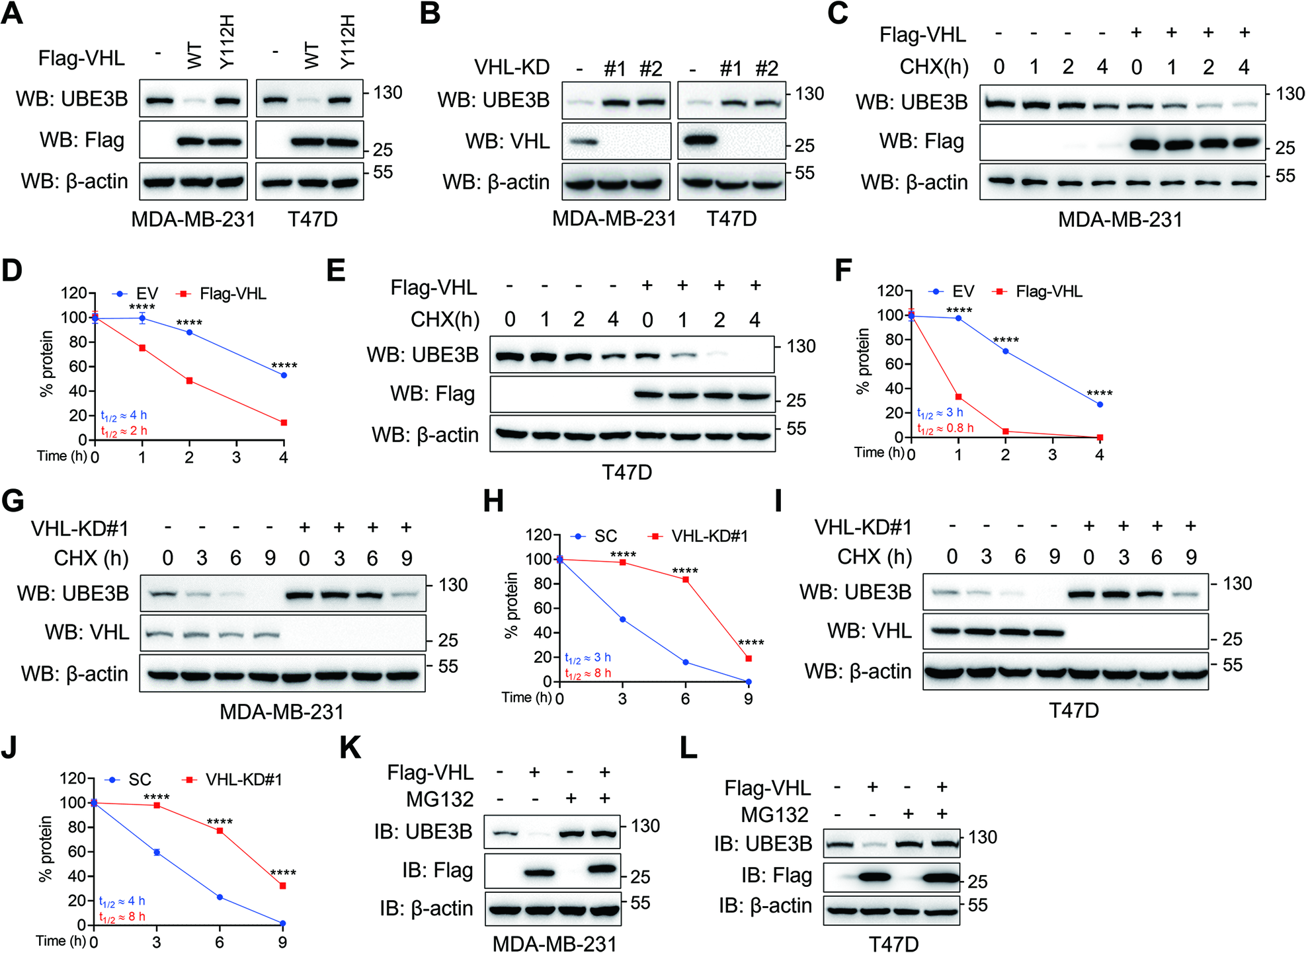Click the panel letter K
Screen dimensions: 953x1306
click(350, 748)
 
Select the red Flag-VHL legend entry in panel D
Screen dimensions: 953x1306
click(222, 293)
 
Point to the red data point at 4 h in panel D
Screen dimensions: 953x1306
click(284, 422)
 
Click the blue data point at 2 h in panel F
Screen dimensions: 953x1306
click(1005, 351)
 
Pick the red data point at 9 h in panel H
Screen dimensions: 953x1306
click(749, 658)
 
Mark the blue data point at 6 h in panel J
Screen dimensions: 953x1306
click(220, 897)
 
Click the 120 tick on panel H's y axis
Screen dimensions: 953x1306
click(538, 535)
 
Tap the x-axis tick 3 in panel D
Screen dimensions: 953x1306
click(236, 457)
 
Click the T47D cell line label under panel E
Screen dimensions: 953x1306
click(626, 473)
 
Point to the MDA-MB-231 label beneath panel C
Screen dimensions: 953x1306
click(1120, 219)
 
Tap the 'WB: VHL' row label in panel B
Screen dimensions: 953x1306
click(507, 141)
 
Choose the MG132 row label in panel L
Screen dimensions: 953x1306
click(774, 815)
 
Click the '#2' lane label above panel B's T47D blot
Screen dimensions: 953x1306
click(766, 68)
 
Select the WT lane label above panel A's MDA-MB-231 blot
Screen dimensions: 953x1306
click(194, 56)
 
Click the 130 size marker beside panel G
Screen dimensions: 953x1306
click(453, 585)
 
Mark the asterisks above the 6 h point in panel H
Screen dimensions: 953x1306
click(685, 570)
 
